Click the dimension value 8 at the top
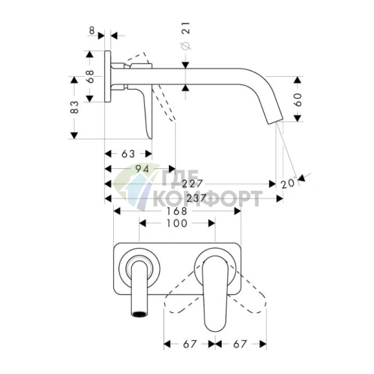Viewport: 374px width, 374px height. [x=92, y=31]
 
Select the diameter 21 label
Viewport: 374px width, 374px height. [x=185, y=36]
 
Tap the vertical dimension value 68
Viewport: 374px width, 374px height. [x=90, y=77]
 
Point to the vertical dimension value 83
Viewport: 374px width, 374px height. [x=75, y=107]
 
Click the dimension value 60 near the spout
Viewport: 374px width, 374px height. [x=298, y=100]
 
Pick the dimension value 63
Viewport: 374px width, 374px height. [x=128, y=154]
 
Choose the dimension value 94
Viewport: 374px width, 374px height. [x=143, y=169]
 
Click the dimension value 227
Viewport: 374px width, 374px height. [x=192, y=184]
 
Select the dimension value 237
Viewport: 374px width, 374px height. [x=196, y=198]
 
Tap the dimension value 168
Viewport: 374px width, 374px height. [x=177, y=211]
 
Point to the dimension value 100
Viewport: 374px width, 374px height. [x=177, y=223]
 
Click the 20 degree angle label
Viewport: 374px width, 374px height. [x=288, y=183]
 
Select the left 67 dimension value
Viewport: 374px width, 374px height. [x=189, y=344]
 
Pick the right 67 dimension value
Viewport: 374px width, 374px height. [x=240, y=344]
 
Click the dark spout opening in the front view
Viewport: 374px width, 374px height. [x=139, y=314]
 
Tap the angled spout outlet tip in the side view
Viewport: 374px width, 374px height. [x=274, y=120]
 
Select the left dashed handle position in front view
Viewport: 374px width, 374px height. [x=183, y=292]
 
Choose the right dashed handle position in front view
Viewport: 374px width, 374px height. [x=247, y=292]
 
